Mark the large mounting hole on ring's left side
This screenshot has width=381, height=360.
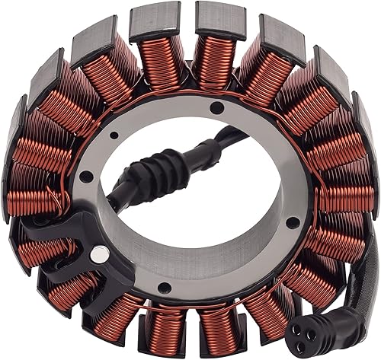click(x=86, y=177)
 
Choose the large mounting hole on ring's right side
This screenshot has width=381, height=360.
click(x=292, y=222)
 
